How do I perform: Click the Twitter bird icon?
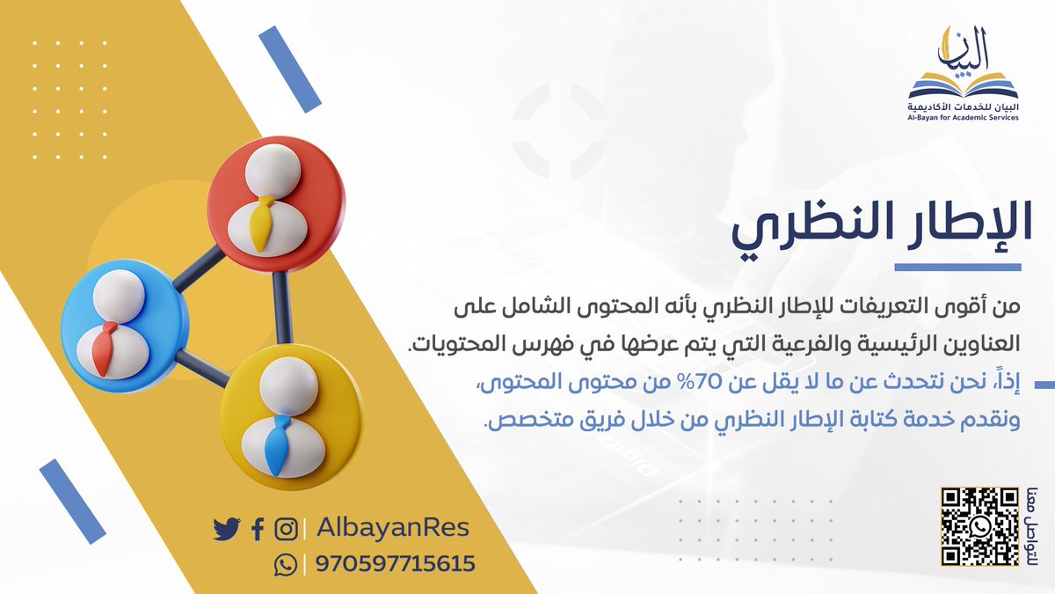227,529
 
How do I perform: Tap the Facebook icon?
257,530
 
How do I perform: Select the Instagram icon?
286,530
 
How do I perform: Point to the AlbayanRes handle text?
392,528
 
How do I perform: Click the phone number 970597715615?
396,563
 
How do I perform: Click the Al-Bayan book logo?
964,70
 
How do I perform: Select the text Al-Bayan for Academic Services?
964,117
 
